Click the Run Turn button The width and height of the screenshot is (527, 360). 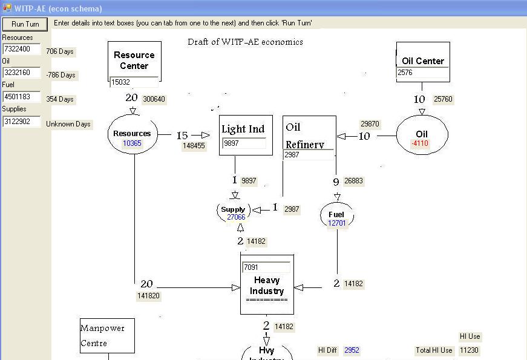click(25, 24)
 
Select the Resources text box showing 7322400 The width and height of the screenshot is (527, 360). click(21, 49)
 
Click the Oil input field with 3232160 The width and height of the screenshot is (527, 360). click(21, 73)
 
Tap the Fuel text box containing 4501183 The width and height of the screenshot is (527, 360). click(21, 97)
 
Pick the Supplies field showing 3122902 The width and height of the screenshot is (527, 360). click(21, 122)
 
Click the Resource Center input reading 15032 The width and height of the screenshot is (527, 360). click(134, 82)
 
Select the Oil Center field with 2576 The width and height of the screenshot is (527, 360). click(422, 73)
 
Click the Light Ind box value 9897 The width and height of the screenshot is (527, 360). click(244, 143)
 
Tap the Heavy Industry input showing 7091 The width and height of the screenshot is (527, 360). click(266, 267)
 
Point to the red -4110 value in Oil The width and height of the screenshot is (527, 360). click(420, 143)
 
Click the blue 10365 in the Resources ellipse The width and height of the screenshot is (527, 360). click(132, 143)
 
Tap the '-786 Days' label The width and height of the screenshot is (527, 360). click(61, 75)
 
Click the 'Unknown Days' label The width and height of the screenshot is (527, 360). click(68, 124)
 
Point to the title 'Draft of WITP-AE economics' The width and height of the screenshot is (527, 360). click(245, 42)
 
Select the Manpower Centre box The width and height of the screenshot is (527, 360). click(107, 336)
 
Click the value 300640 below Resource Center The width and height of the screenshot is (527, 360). click(154, 99)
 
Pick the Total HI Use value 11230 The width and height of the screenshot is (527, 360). click(469, 350)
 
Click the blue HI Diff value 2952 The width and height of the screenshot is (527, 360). click(352, 350)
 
